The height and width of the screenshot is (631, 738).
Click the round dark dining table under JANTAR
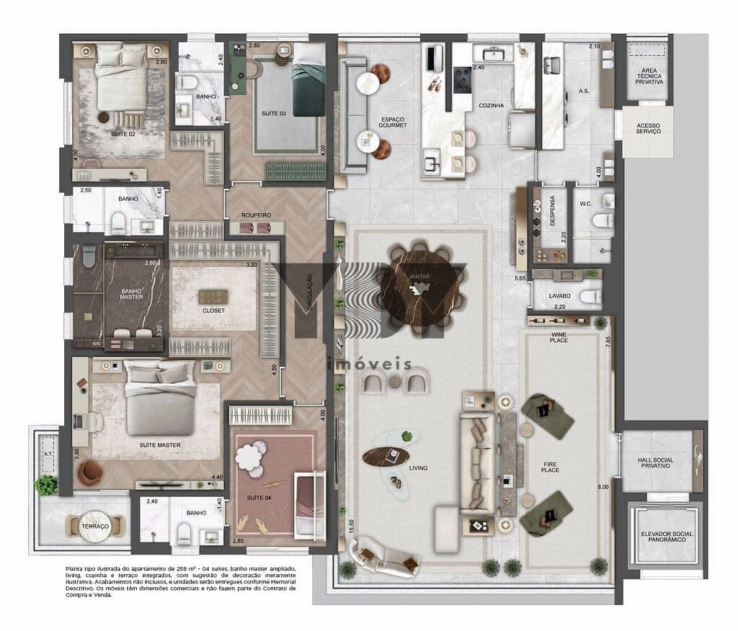[x=420, y=287]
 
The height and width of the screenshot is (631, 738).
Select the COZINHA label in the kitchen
[x=491, y=106]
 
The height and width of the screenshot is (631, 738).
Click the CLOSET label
[x=213, y=310]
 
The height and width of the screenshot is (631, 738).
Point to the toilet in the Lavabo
[x=590, y=296]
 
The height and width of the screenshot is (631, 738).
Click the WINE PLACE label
[x=559, y=337]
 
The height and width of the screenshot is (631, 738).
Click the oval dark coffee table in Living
[x=386, y=456]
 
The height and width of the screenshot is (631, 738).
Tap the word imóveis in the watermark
[x=368, y=364]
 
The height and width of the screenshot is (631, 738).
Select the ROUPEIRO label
[x=256, y=215]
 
